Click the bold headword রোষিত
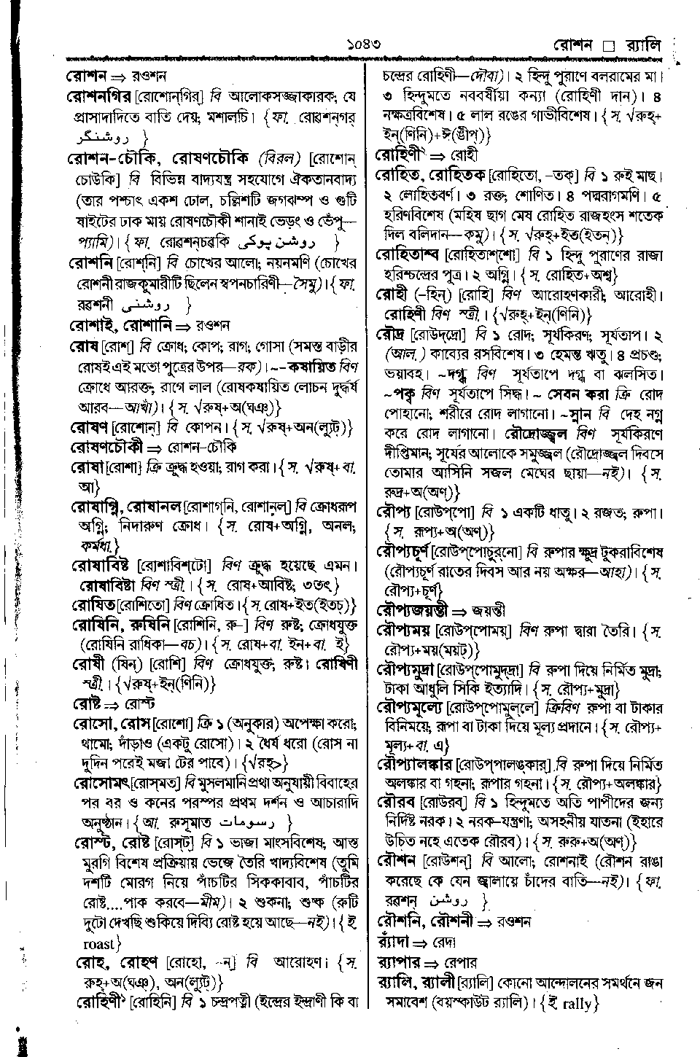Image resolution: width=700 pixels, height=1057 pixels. [x=99, y=605]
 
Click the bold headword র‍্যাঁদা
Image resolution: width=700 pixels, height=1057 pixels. [x=395, y=941]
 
